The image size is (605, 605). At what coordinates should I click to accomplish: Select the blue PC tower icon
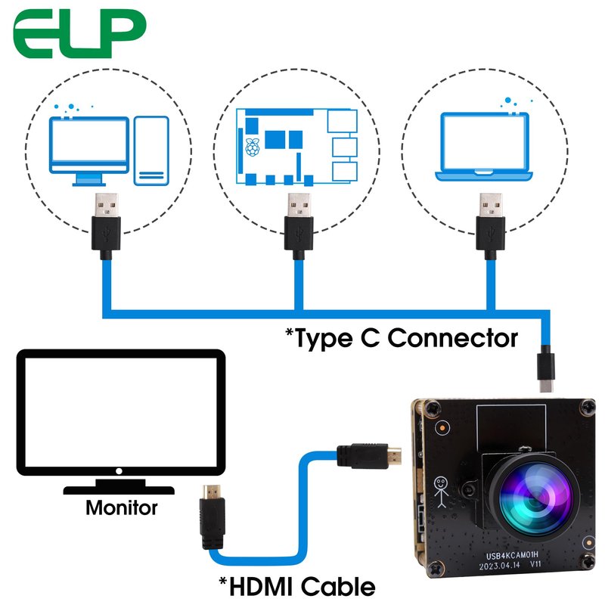click(x=151, y=150)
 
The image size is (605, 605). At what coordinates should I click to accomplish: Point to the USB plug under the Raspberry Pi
click(x=296, y=224)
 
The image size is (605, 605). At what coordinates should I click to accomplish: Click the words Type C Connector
click(x=401, y=337)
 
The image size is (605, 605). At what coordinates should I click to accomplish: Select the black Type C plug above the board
click(x=545, y=368)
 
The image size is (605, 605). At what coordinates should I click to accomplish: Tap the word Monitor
click(x=121, y=507)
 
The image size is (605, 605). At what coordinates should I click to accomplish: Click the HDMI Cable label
click(x=296, y=585)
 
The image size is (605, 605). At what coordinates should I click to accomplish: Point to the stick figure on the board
click(x=441, y=491)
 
